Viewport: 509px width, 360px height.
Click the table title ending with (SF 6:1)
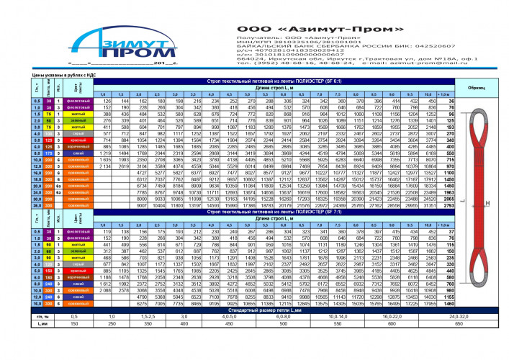click(x=265, y=81)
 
